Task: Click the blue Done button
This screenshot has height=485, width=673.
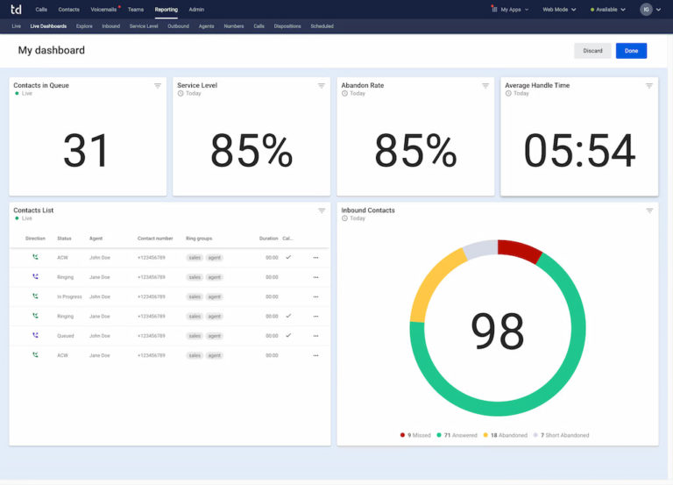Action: (x=631, y=51)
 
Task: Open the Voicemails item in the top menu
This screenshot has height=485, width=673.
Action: (x=103, y=9)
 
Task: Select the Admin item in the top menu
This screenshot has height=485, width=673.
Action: (x=196, y=9)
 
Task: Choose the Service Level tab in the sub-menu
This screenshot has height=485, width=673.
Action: (x=144, y=26)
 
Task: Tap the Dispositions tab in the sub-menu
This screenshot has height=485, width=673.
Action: (x=287, y=26)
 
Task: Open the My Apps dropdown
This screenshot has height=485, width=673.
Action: (x=510, y=10)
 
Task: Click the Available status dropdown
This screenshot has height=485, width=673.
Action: (x=607, y=10)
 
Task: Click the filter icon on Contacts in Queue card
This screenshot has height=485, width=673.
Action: (x=158, y=86)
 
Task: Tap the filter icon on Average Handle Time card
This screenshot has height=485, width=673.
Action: (x=649, y=86)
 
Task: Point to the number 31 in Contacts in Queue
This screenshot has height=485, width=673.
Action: (x=87, y=151)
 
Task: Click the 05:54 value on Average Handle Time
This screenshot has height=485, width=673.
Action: (x=579, y=151)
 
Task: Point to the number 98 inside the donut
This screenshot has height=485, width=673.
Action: (x=497, y=331)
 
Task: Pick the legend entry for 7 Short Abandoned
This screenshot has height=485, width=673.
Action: (x=564, y=435)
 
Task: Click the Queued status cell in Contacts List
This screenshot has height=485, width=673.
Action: (x=66, y=336)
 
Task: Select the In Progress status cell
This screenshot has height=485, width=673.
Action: (x=69, y=296)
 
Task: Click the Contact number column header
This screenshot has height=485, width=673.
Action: (x=154, y=239)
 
